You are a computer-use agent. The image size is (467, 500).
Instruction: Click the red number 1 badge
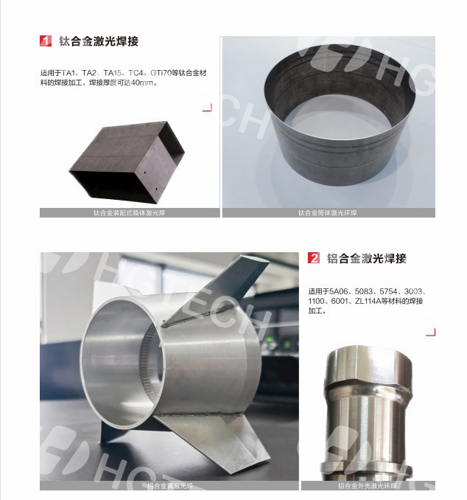point(46,41)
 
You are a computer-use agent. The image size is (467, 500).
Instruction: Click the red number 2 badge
point(314,257)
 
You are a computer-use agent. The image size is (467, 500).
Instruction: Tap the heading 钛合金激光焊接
point(99,41)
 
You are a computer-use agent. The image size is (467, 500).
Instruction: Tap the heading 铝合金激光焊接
point(367,258)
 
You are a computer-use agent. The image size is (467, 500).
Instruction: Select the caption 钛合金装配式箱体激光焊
point(130,212)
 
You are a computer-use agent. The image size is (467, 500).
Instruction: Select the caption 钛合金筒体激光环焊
point(328,212)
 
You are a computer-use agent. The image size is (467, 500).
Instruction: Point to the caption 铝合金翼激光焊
point(170,486)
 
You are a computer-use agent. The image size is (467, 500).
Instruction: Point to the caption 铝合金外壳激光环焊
point(368,486)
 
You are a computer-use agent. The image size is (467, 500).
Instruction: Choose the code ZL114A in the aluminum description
point(368,301)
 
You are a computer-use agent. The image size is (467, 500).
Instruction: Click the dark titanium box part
point(127,162)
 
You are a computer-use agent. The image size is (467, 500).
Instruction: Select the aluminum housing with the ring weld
point(368,414)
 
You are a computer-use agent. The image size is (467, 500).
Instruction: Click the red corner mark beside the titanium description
point(208,108)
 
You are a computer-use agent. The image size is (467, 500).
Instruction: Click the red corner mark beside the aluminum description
point(431,332)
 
